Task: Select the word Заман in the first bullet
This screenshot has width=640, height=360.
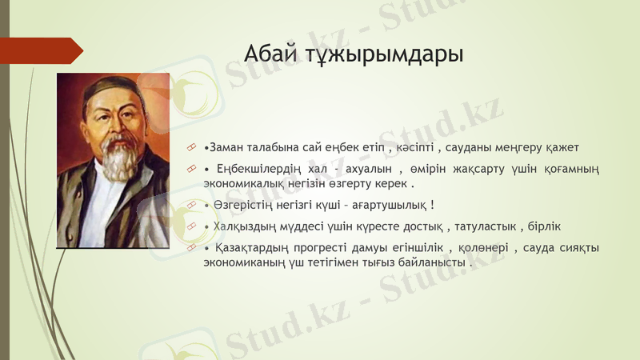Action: (x=226, y=148)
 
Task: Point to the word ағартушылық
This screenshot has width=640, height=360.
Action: (x=389, y=206)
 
